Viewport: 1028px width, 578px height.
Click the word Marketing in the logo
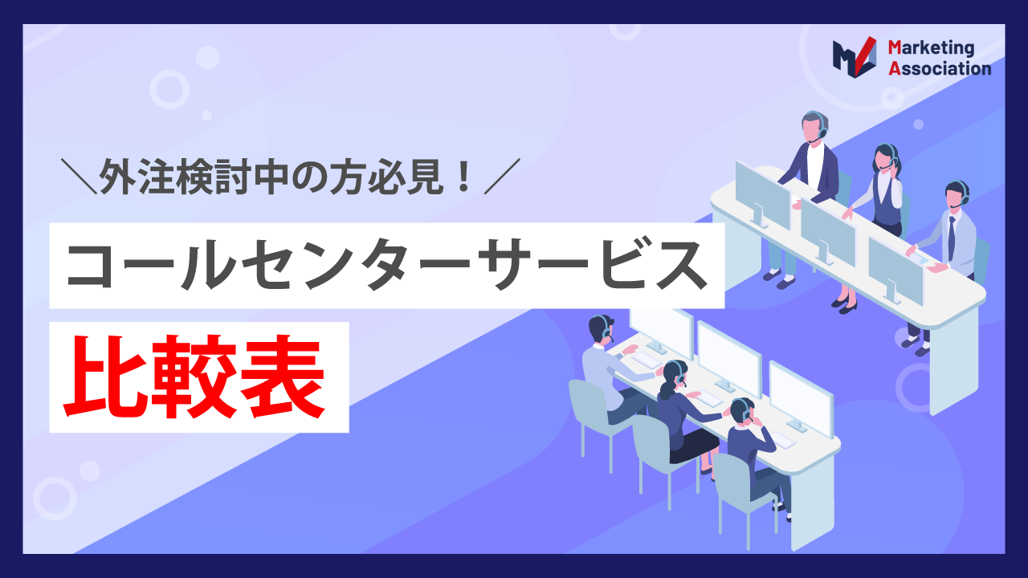931,49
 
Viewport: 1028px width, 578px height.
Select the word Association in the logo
940,69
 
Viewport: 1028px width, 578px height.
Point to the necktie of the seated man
951,237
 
